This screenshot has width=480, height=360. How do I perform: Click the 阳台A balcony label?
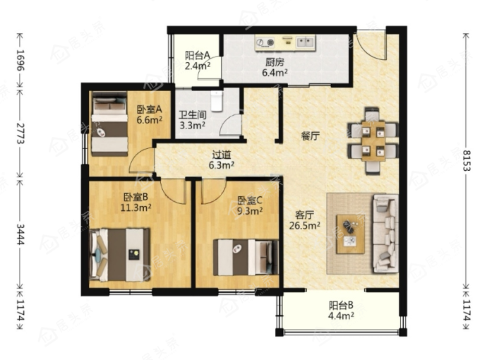(x=198, y=56)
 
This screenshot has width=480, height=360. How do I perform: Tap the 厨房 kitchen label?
(x=275, y=62)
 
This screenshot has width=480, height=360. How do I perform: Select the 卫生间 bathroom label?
(x=193, y=115)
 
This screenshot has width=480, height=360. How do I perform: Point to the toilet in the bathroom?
(x=217, y=101)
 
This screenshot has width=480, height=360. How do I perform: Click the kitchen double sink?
(x=306, y=42)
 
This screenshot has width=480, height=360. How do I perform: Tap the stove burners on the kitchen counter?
(x=265, y=42)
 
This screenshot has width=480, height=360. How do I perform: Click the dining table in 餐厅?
(x=373, y=140)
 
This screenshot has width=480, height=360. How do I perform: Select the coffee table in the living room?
(x=351, y=234)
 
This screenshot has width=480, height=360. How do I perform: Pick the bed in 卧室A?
(x=109, y=124)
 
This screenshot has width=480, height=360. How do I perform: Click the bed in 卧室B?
(x=119, y=255)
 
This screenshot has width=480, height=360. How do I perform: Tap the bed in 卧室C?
(x=246, y=257)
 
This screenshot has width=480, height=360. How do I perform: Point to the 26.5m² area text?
(x=305, y=226)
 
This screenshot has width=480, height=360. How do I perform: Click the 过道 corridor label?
(x=222, y=155)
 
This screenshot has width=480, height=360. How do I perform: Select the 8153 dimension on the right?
(x=467, y=160)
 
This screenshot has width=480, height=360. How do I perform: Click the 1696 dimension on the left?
(x=20, y=60)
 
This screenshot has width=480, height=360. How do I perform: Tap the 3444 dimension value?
(x=20, y=234)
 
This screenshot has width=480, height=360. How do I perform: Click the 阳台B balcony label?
(x=341, y=305)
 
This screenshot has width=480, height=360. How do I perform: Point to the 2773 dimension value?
(x=20, y=133)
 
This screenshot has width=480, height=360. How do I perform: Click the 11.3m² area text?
(x=136, y=208)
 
